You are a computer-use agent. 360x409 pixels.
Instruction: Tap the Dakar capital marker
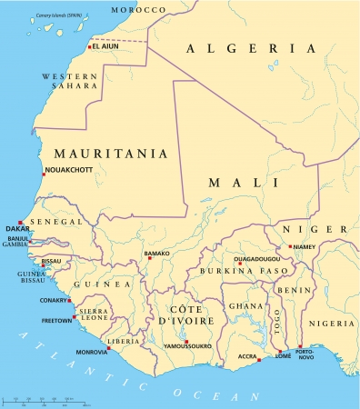click(x=20, y=221)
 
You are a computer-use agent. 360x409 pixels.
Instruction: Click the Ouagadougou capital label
click(x=241, y=258)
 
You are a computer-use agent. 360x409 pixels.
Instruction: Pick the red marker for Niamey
click(x=290, y=246)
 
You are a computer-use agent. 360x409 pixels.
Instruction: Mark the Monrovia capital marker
click(x=108, y=346)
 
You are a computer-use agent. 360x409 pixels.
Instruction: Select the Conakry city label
click(x=53, y=301)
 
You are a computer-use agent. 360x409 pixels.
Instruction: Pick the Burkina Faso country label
click(x=238, y=271)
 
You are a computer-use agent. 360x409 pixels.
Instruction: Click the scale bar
click(x=45, y=401)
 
